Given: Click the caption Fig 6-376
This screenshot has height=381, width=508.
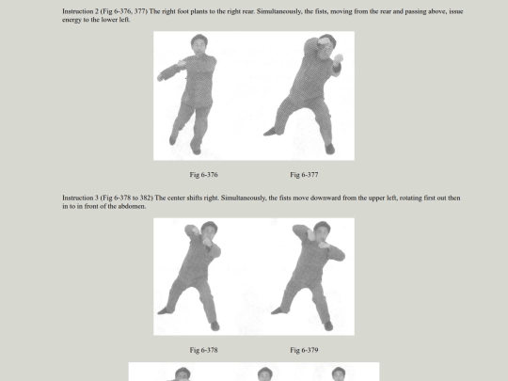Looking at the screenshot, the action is (203, 175).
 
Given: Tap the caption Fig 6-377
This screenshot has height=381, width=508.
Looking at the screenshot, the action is (304, 175).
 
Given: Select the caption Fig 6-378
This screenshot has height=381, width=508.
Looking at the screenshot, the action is (203, 350).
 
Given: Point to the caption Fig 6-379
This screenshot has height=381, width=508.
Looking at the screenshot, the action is (304, 350).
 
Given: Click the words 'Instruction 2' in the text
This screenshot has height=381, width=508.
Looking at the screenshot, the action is (80, 11).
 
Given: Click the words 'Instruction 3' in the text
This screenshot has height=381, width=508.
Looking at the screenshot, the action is (80, 198).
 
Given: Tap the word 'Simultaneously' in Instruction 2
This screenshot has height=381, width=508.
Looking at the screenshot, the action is (278, 11).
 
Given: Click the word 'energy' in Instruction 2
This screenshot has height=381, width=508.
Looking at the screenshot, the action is (71, 20).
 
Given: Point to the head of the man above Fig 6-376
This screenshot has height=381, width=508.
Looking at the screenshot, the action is (198, 43).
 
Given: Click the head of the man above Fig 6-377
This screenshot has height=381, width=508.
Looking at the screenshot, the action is (326, 43).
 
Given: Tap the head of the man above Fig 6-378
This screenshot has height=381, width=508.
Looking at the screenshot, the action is (209, 230).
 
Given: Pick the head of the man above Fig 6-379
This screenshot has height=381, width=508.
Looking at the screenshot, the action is (322, 230).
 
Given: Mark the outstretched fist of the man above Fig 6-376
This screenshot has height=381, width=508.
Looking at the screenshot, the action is (160, 77).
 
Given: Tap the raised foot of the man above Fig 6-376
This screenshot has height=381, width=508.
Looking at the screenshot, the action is (173, 138).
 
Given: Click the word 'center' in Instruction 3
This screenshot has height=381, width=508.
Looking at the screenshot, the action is (176, 198).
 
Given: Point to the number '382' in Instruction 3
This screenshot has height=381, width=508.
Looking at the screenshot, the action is (146, 198).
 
